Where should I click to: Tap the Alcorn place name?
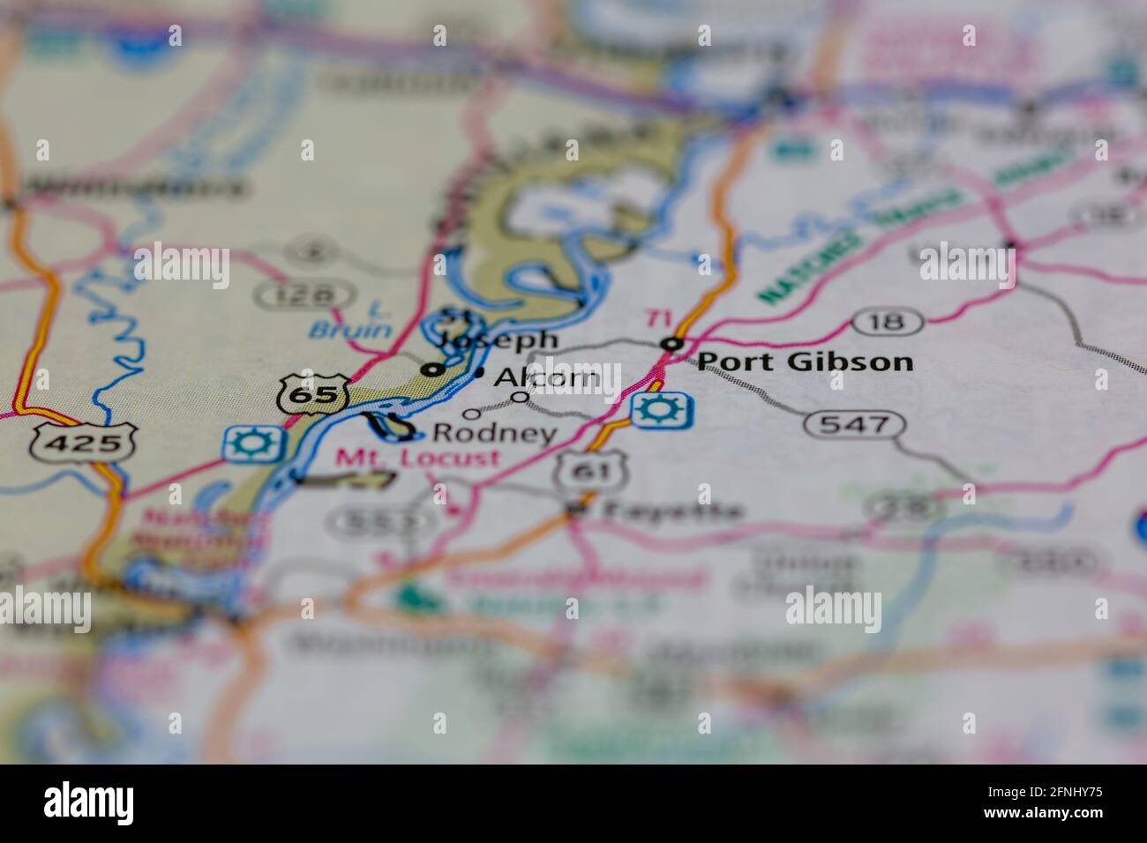pos(547,377)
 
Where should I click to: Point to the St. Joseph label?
pos(499,328)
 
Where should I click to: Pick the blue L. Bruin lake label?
pos(351,322)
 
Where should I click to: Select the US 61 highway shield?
pos(591,471)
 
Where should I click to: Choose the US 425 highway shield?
pos(85,442)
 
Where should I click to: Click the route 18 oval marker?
pos(888,322)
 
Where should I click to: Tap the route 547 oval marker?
pos(854,425)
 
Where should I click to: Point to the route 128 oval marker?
pos(304,293)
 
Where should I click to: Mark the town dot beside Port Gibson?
pos(674,343)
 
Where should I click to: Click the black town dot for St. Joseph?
pos(431,369)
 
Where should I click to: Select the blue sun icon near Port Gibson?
pos(661,411)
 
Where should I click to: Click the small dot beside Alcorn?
pos(479,374)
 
